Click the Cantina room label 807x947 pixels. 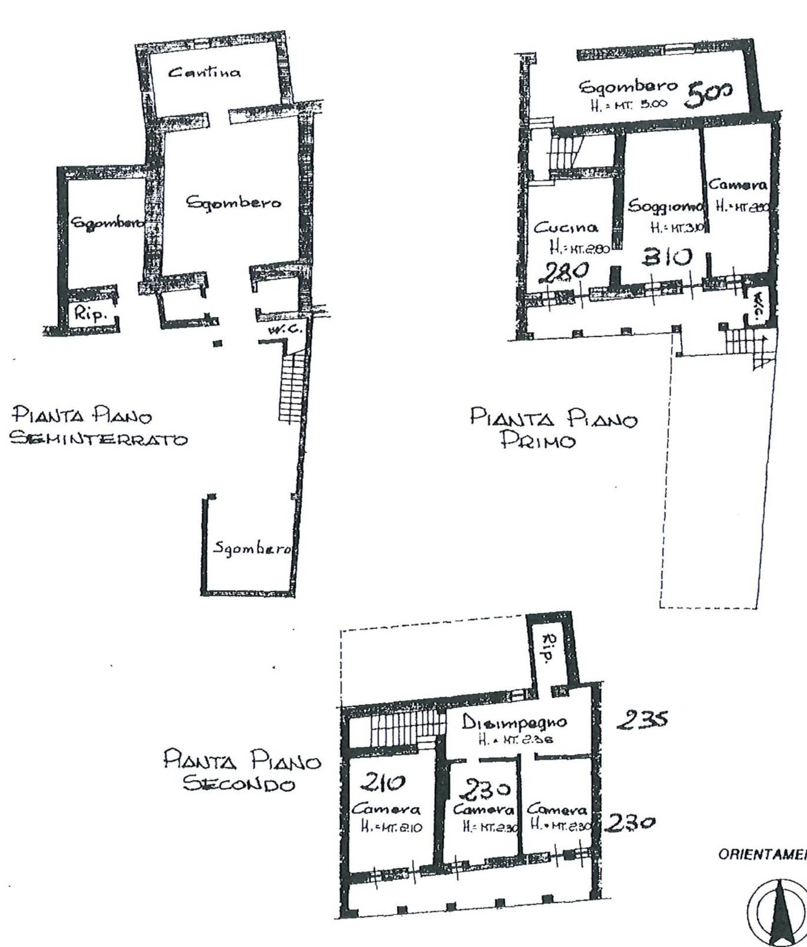(204, 73)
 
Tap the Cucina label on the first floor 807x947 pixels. (566, 228)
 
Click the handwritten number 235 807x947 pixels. (642, 719)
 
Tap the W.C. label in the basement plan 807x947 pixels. (280, 329)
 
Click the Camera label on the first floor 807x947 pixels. (738, 185)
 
